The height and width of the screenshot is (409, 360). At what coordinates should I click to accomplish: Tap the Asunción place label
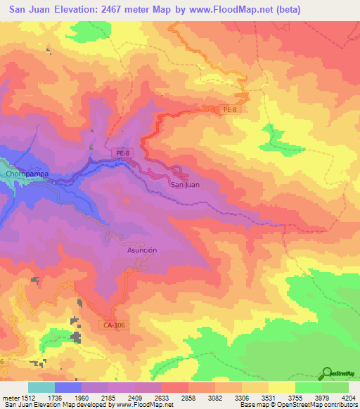tap(141, 250)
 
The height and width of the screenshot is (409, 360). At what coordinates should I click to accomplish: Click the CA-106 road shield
tap(112, 325)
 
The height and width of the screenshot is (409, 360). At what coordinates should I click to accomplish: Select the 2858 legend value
tap(189, 397)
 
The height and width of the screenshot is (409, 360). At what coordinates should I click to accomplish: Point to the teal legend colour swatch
tap(41, 387)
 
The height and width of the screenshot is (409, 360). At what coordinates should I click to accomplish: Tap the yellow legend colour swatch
tap(281, 387)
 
